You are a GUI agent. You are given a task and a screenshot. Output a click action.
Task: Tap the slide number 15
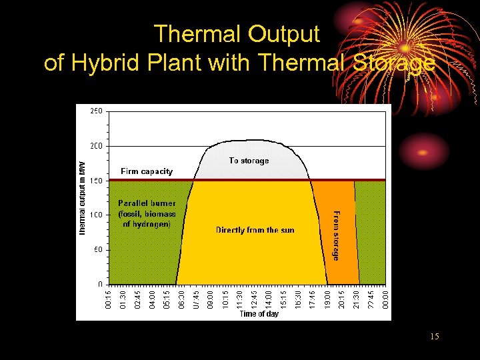435,337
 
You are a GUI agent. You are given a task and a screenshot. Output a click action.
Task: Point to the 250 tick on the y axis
96,111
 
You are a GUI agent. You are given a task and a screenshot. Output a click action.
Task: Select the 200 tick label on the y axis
96,146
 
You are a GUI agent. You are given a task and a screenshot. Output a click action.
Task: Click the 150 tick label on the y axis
96,181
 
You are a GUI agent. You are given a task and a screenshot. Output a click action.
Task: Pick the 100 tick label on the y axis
96,215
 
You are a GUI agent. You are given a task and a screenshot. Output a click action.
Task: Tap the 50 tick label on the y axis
98,250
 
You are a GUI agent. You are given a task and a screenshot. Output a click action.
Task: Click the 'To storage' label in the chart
249,161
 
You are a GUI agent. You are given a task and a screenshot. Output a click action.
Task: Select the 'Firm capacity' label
146,171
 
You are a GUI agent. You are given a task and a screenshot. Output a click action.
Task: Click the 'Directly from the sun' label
255,230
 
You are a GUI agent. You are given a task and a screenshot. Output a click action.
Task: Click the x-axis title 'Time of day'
259,314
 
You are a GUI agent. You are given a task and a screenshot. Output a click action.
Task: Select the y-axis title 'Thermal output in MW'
83,198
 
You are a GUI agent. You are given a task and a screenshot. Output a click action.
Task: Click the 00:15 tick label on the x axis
109,298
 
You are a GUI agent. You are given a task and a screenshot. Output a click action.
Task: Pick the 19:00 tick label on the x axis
327,298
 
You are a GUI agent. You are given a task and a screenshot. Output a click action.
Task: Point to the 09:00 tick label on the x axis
211,298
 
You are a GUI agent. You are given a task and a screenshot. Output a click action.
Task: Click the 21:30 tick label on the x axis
356,298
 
